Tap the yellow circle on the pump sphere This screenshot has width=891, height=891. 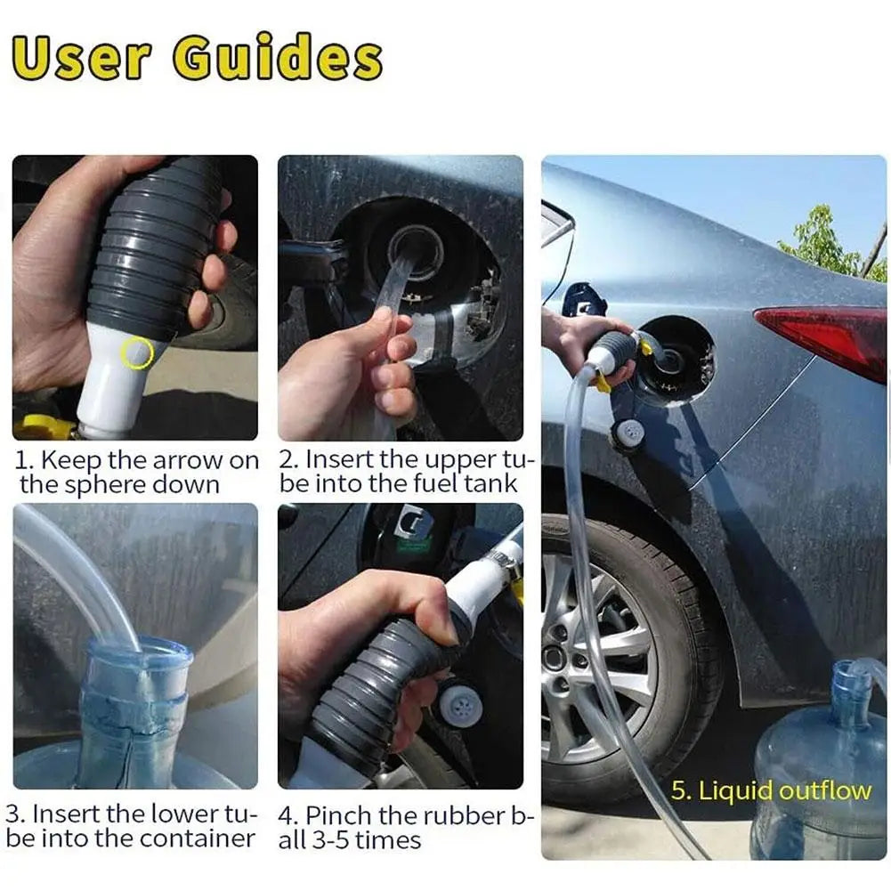137,353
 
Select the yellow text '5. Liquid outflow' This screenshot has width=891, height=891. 771,790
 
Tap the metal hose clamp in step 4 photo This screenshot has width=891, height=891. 499,561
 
